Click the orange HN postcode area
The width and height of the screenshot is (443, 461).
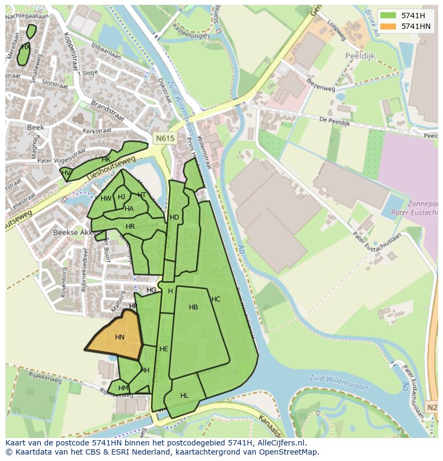point(117,336)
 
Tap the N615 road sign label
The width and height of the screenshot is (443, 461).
point(165,138)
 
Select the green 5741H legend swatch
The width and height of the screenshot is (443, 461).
point(388,15)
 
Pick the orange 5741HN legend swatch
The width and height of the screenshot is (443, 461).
point(388,26)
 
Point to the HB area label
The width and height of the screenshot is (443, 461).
point(193,307)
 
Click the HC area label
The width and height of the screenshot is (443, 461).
point(216,299)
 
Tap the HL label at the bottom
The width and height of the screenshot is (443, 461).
point(184,396)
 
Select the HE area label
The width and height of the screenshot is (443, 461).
point(164,349)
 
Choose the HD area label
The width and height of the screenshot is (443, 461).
point(174,217)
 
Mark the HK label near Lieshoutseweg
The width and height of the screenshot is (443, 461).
point(106,160)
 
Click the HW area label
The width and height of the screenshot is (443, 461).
point(106,199)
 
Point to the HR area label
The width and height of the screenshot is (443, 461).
point(130,226)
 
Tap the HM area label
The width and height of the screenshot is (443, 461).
point(123,388)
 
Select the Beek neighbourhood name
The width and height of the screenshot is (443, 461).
point(35,127)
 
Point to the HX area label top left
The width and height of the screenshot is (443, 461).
point(25,47)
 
